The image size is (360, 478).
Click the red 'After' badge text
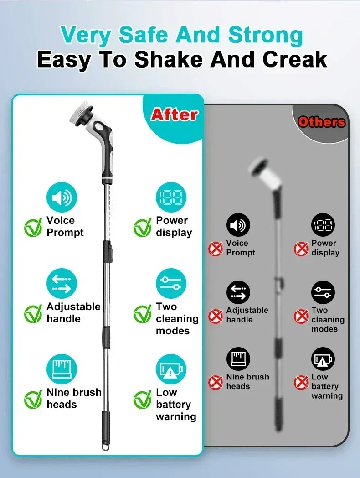click(x=174, y=114)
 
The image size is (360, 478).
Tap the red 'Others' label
click(x=321, y=122)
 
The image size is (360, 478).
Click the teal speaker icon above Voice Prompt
click(x=61, y=198)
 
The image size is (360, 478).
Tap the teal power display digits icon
click(x=171, y=198)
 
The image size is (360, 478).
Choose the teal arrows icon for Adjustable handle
click(x=61, y=284)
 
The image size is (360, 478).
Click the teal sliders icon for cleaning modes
click(x=171, y=284)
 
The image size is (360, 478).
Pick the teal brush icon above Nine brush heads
click(x=61, y=369)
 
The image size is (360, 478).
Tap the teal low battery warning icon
click(x=171, y=369)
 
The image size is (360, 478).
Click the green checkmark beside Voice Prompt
click(x=33, y=227)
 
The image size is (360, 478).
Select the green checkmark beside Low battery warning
click(x=142, y=400)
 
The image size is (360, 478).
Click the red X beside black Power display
click(x=301, y=249)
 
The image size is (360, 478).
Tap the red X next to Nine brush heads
click(x=216, y=382)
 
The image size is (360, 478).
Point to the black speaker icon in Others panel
click(x=238, y=225)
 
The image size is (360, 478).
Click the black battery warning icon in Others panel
click(x=323, y=359)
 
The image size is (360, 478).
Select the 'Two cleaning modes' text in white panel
click(x=177, y=318)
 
